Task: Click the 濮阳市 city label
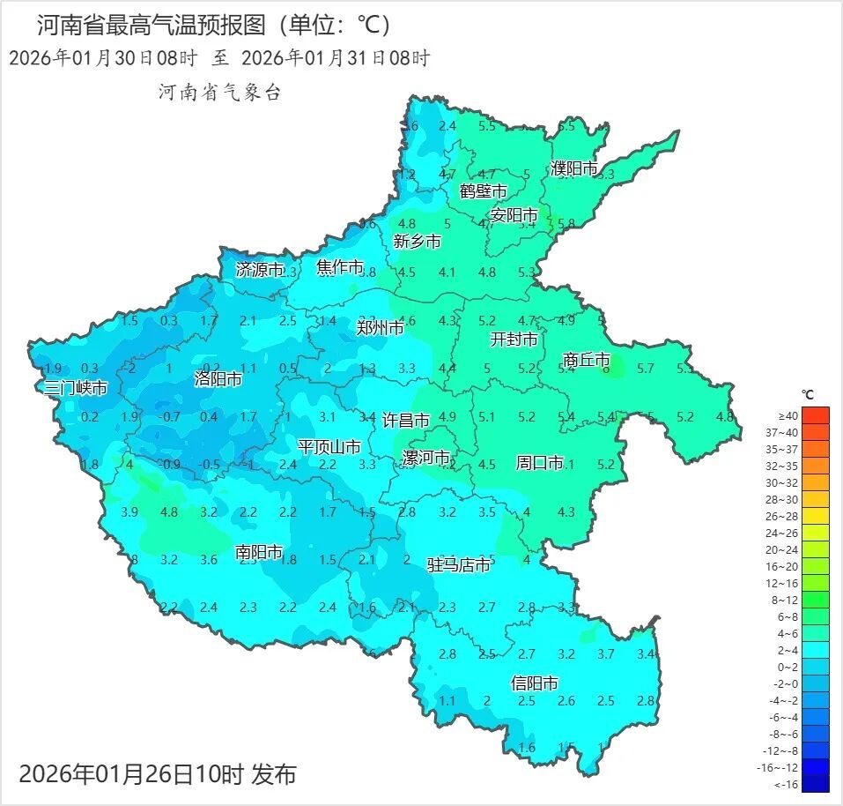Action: pos(574,168)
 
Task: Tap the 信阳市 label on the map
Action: pos(535,683)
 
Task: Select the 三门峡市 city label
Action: pos(77,388)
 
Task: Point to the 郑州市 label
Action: pos(381,328)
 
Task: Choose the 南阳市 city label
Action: pos(259,552)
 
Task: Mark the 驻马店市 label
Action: pos(459,564)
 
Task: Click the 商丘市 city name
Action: pos(586,360)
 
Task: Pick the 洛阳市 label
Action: pos(218,380)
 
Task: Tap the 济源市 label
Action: pos(260,270)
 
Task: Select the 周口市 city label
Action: pos(539,463)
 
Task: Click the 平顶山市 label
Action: pos(329,447)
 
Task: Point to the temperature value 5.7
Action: pos(645,369)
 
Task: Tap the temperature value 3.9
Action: pos(129,511)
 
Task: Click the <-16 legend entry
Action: pos(788,784)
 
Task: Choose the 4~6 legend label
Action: pos(788,632)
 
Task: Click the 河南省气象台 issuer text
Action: pos(219,92)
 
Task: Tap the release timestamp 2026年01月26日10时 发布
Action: pos(158,774)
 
